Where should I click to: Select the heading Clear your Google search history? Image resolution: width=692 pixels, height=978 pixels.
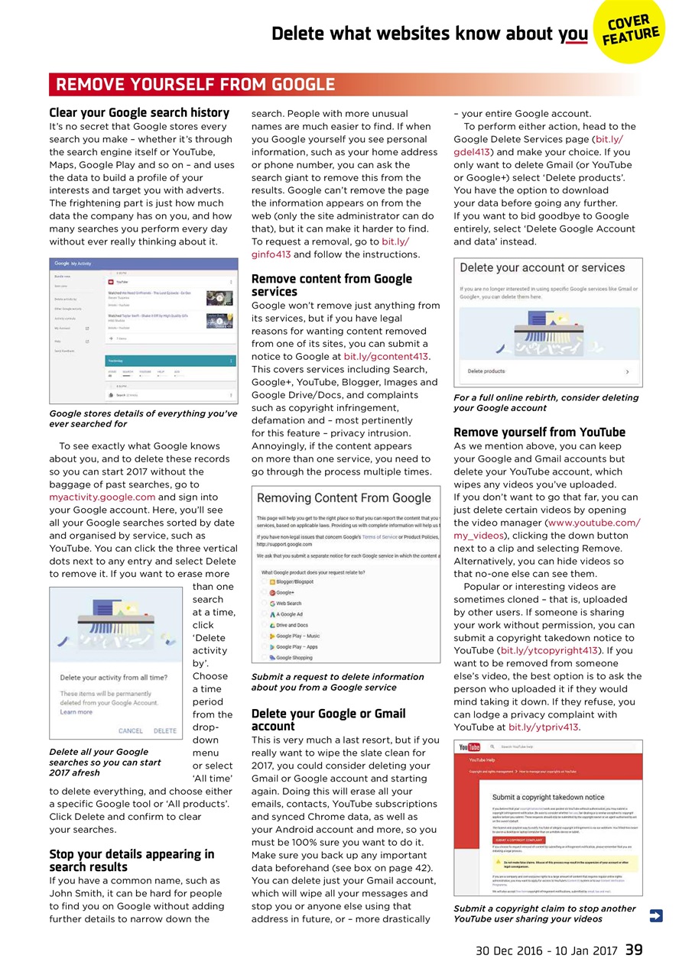[139, 112]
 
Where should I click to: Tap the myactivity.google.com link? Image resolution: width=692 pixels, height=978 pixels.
[102, 497]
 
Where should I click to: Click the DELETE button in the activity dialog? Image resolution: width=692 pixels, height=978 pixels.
[164, 730]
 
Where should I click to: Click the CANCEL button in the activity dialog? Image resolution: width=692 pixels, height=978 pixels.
[131, 730]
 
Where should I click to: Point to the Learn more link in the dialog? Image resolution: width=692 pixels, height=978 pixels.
[76, 711]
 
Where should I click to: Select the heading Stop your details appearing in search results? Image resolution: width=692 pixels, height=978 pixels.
[132, 860]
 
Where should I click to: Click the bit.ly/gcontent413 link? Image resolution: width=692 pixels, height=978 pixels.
[386, 356]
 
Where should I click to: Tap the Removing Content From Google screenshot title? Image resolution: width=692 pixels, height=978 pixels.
[344, 498]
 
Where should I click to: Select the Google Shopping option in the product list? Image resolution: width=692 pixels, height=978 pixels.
[294, 657]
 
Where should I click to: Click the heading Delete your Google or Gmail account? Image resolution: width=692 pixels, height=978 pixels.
[329, 720]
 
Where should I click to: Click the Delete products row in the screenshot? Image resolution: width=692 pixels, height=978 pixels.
[547, 371]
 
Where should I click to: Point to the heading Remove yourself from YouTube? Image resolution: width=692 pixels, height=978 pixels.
[539, 432]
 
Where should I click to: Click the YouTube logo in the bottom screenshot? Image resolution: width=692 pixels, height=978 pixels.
[469, 746]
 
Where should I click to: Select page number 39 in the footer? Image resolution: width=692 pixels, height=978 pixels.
[633, 950]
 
